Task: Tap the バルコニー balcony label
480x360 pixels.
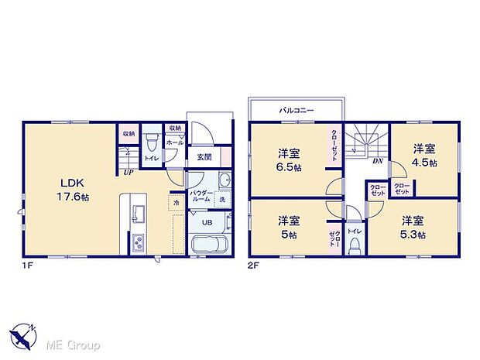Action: click(297, 111)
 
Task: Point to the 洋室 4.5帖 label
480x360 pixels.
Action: click(424, 155)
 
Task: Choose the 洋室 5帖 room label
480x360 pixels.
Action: click(288, 225)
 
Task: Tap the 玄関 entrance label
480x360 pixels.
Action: click(204, 157)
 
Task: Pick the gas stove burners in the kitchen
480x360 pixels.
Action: click(139, 242)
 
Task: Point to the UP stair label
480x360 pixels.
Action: click(125, 172)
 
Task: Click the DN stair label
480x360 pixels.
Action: click(378, 161)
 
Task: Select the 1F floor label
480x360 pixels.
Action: click(28, 266)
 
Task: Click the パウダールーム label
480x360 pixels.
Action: click(201, 196)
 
